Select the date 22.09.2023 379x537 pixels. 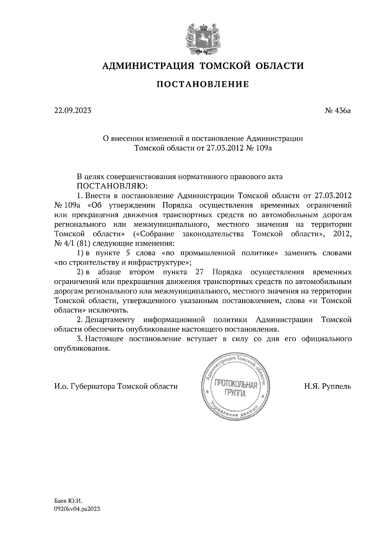click(72, 111)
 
